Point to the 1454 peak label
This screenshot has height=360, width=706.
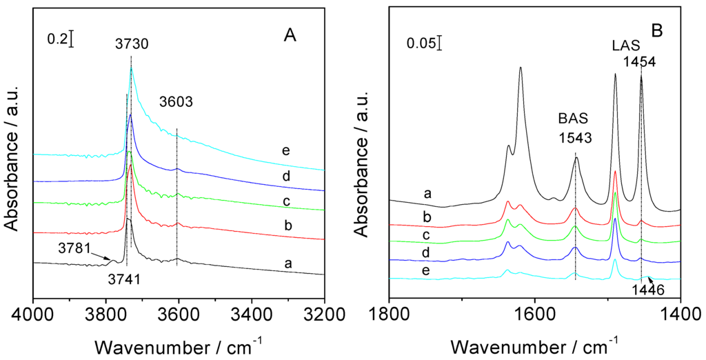tap(639, 61)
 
